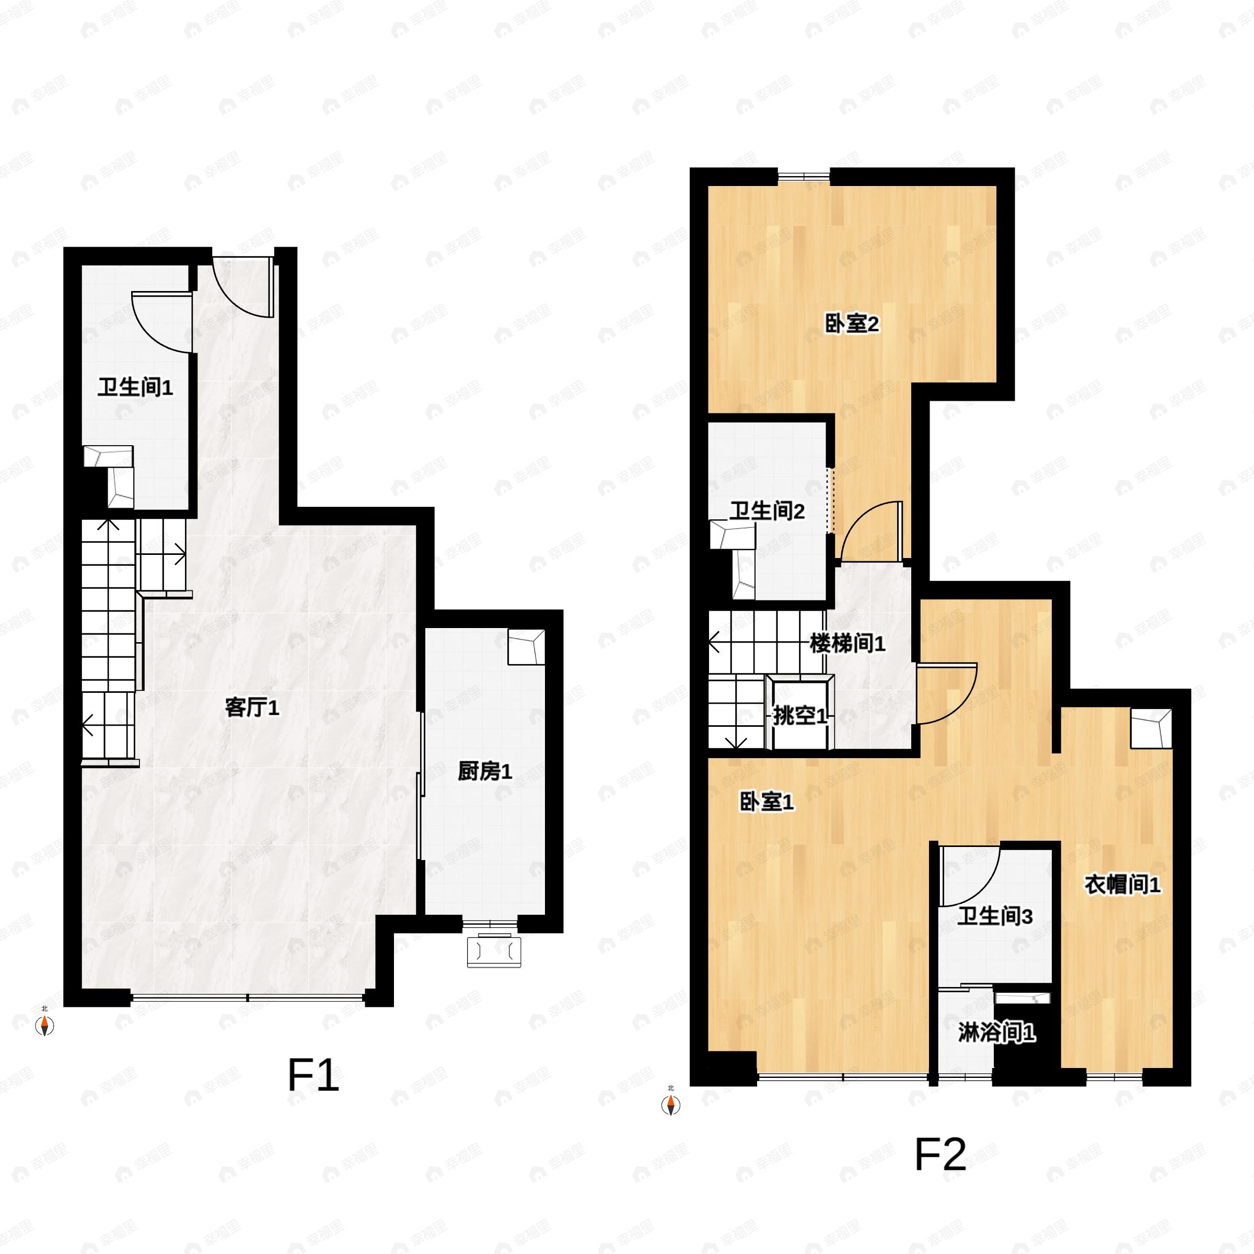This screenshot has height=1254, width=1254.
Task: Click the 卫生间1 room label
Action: point(135,388)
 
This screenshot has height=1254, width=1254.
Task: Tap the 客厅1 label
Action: point(252,707)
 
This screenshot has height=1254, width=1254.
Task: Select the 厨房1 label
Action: point(484,771)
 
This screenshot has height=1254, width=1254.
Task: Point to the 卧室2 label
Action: point(852,323)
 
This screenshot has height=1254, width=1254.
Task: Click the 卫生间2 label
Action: point(767,511)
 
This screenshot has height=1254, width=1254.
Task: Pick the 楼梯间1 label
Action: point(847,643)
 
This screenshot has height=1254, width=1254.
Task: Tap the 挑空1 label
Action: point(799,716)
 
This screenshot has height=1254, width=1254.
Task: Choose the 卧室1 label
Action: point(767,802)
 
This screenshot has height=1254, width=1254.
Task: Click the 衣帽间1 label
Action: point(1122,884)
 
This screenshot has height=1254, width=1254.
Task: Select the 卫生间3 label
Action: point(995,916)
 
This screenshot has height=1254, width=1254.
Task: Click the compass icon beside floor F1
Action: point(44,1026)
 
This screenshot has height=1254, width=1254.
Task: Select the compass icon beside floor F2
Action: point(670,1105)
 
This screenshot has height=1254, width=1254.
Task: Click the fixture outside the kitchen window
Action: point(494,950)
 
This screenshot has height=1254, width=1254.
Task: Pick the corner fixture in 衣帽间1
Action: point(1151,729)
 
